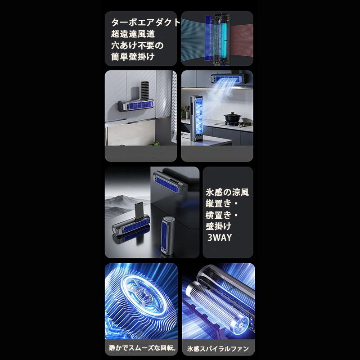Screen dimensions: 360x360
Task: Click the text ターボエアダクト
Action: [146, 22]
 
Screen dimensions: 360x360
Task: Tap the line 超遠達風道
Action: [133, 34]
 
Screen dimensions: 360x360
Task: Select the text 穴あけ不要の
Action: [137, 45]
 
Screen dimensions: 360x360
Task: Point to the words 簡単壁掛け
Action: [133, 57]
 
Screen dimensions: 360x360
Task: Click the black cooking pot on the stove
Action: [232, 117]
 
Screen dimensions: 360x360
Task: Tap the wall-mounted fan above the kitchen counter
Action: [227, 78]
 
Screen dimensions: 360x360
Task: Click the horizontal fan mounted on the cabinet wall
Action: [136, 105]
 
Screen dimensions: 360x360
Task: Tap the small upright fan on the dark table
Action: [167, 235]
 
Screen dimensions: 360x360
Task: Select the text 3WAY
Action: [220, 238]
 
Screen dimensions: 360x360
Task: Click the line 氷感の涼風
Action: [227, 193]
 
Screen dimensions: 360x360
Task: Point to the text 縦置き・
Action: [221, 204]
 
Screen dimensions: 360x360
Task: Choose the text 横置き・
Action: [221, 215]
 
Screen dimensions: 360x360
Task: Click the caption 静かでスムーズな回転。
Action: [143, 348]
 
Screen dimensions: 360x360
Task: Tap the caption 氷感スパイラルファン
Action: [218, 349]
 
